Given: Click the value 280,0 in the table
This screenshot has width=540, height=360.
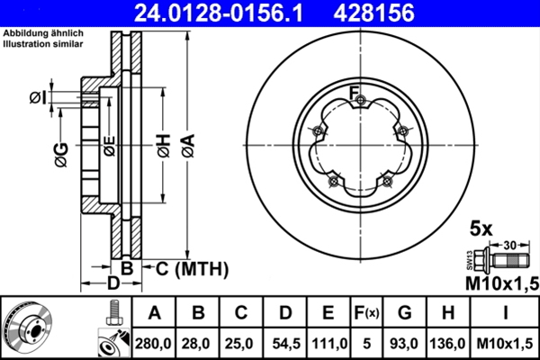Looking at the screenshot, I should pyautogui.click(x=154, y=343).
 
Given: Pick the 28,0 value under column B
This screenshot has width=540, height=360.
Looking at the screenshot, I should pyautogui.click(x=197, y=343).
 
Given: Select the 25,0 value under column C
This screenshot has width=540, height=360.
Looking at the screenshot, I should pyautogui.click(x=240, y=343).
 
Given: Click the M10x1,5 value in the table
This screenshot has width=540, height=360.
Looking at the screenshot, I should pyautogui.click(x=505, y=343).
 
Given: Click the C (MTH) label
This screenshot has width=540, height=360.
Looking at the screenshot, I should pyautogui.click(x=192, y=269).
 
